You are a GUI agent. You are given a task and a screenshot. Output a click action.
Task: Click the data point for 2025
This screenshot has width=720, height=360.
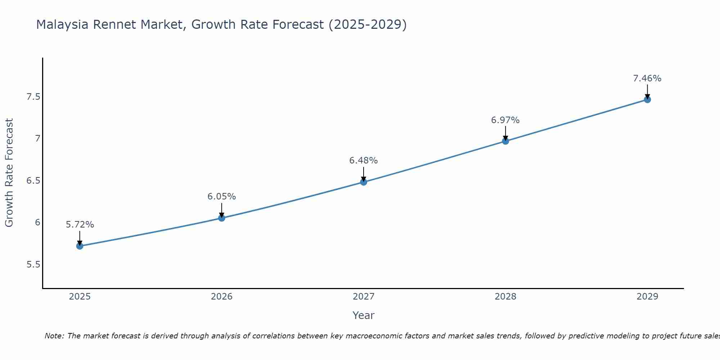tap(80, 246)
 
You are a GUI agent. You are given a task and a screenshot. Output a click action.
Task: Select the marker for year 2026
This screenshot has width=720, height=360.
tap(221, 218)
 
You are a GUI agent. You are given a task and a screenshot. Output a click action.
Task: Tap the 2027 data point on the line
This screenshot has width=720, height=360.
tap(363, 182)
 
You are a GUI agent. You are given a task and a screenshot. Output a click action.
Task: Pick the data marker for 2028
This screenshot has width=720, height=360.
tap(505, 141)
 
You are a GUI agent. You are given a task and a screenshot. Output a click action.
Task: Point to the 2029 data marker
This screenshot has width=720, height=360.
tap(647, 100)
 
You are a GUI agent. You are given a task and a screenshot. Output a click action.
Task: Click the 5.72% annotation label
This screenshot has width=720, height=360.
tap(80, 225)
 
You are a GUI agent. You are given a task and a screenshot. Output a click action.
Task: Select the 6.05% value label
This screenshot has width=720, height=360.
tap(221, 197)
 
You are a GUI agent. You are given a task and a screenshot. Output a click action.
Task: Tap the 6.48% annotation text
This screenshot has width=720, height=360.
tap(363, 161)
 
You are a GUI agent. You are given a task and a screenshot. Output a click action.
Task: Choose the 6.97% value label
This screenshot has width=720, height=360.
tap(505, 120)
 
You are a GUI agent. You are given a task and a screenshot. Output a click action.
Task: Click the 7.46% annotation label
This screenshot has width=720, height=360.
tap(647, 78)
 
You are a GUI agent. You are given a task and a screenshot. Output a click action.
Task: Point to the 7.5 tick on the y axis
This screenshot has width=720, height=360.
tap(33, 97)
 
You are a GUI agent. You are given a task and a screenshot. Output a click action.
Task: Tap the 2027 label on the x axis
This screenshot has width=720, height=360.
tap(363, 297)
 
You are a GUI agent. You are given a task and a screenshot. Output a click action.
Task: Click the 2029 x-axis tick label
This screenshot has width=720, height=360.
tap(647, 297)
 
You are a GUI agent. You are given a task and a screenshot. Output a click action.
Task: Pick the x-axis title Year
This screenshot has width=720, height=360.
tap(363, 315)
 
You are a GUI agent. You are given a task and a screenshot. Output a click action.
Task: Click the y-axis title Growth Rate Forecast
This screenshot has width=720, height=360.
tap(9, 173)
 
